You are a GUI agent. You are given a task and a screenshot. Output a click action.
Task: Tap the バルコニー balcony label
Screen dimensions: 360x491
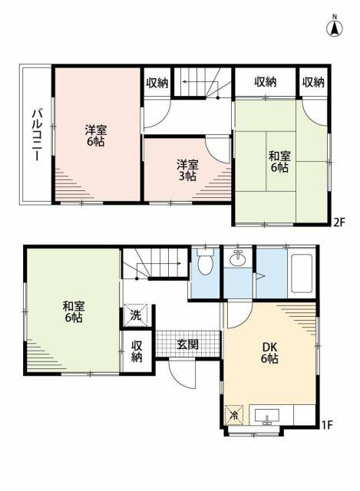(x=36, y=135)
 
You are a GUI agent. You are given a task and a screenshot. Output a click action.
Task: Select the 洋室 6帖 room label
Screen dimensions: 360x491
(x=96, y=136)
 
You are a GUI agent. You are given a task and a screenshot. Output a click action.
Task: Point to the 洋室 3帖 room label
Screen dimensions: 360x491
(x=187, y=170)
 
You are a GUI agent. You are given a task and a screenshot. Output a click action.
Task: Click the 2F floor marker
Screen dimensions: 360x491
(x=339, y=222)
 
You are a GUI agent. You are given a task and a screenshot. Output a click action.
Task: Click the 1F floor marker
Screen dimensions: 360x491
(x=327, y=425)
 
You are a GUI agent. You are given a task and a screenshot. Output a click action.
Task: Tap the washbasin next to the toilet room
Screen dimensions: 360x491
(x=238, y=259)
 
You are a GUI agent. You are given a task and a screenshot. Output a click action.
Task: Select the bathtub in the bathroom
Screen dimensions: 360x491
(x=302, y=273)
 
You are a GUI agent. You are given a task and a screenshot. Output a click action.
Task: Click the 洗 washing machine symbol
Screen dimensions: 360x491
(x=136, y=315)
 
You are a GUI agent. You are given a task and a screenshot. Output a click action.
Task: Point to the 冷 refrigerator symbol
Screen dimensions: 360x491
(x=234, y=415)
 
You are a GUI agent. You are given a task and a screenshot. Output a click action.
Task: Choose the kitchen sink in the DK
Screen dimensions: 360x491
(x=267, y=417)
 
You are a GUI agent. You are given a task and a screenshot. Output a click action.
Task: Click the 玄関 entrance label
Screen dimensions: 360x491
(x=187, y=344)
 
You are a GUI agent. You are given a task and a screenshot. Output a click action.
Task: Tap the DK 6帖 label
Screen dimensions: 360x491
(x=269, y=353)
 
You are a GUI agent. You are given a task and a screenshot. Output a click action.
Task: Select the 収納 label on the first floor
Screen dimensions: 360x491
(x=137, y=351)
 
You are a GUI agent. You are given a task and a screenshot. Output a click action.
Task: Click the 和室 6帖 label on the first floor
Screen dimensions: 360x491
(x=74, y=312)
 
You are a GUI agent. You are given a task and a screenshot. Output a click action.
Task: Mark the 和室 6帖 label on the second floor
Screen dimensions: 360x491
(x=279, y=162)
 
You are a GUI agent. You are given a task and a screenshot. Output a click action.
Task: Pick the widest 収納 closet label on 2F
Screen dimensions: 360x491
(x=265, y=82)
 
